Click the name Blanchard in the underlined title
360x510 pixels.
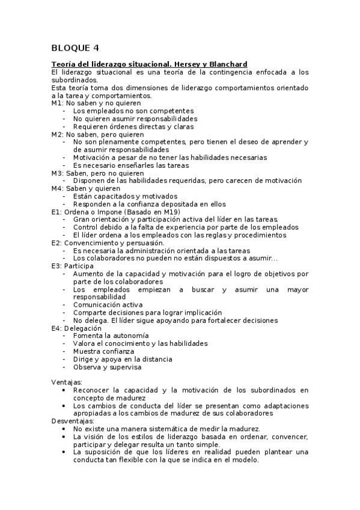click(x=227, y=64)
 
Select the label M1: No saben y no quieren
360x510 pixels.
click(x=90, y=103)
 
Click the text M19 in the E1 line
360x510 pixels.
click(x=173, y=212)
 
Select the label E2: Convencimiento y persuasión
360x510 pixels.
click(x=103, y=243)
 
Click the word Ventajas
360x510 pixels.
click(x=67, y=382)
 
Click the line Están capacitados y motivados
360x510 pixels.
click(x=125, y=197)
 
